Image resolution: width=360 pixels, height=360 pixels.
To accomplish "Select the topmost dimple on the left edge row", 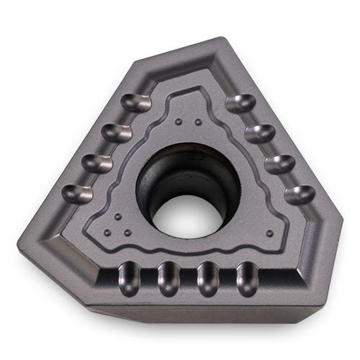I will point(137,104).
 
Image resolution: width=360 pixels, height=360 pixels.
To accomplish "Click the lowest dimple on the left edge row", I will point(77,193).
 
